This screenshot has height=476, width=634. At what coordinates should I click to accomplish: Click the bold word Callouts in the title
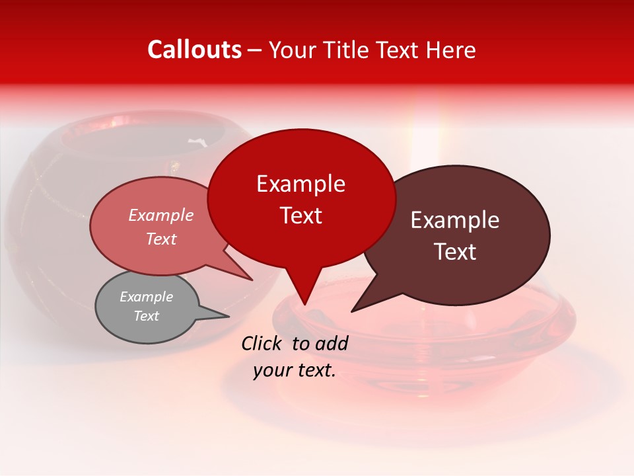pyautogui.click(x=194, y=50)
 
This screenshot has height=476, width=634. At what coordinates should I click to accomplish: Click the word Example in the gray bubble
pyautogui.click(x=146, y=297)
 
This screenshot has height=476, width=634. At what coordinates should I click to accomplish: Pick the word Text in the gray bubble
pyautogui.click(x=146, y=316)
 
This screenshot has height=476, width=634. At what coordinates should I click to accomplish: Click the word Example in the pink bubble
pyautogui.click(x=160, y=216)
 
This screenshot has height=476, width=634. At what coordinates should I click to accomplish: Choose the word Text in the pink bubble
pyautogui.click(x=160, y=239)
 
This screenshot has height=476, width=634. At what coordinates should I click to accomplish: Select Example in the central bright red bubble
pyautogui.click(x=300, y=184)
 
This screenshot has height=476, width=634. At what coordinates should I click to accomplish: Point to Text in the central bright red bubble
pyautogui.click(x=300, y=216)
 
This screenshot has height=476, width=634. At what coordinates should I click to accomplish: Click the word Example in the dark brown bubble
pyautogui.click(x=454, y=220)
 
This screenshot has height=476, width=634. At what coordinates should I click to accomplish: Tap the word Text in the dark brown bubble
pyautogui.click(x=454, y=252)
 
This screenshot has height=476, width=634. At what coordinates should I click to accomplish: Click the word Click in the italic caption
pyautogui.click(x=262, y=343)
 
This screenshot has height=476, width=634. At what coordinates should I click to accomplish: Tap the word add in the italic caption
pyautogui.click(x=332, y=343)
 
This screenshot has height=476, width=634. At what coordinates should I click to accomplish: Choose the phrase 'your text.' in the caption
pyautogui.click(x=294, y=370)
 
